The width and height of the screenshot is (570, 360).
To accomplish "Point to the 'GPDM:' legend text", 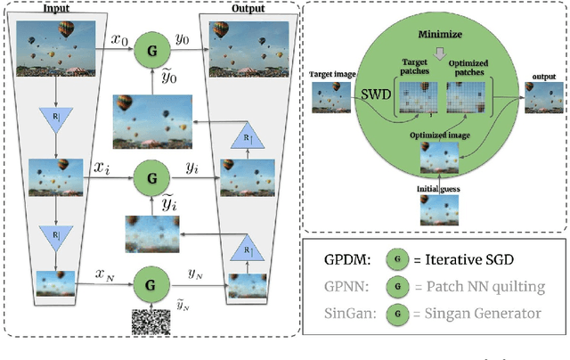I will click(353, 260).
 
